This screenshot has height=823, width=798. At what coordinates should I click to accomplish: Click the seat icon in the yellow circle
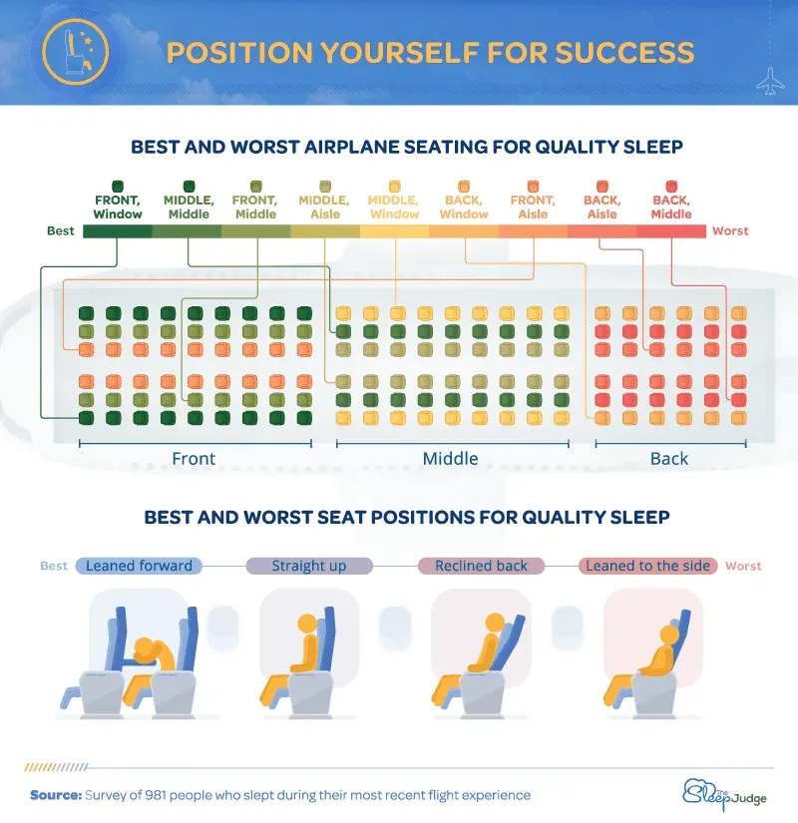(76, 52)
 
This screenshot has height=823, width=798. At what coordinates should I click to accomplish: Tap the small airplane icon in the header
(770, 82)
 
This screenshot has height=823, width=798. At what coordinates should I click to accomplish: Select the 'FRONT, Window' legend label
(118, 206)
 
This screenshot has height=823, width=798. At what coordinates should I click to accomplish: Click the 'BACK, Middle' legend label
(671, 206)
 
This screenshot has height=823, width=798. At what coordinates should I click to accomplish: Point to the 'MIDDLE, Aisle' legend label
(324, 206)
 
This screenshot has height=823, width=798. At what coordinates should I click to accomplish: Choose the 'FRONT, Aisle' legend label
(533, 206)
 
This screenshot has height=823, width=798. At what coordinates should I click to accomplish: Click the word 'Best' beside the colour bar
(61, 231)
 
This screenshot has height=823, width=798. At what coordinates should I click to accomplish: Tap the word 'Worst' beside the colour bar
(730, 231)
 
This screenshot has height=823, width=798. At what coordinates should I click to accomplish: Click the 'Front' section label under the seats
(194, 458)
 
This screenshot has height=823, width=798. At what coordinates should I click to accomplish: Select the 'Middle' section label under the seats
(451, 458)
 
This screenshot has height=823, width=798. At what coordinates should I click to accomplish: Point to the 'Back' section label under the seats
(669, 458)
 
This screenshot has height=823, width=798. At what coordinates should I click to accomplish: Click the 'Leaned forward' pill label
(139, 566)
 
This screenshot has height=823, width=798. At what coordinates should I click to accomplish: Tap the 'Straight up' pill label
(309, 566)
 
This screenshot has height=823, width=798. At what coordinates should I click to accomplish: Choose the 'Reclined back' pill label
(481, 566)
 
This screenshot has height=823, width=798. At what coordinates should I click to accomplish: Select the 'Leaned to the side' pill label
(647, 566)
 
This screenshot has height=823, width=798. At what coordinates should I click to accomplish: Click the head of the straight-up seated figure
(307, 624)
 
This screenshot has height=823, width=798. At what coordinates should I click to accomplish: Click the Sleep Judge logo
(724, 794)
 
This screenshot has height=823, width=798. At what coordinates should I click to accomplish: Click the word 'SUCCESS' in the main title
(624, 53)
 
